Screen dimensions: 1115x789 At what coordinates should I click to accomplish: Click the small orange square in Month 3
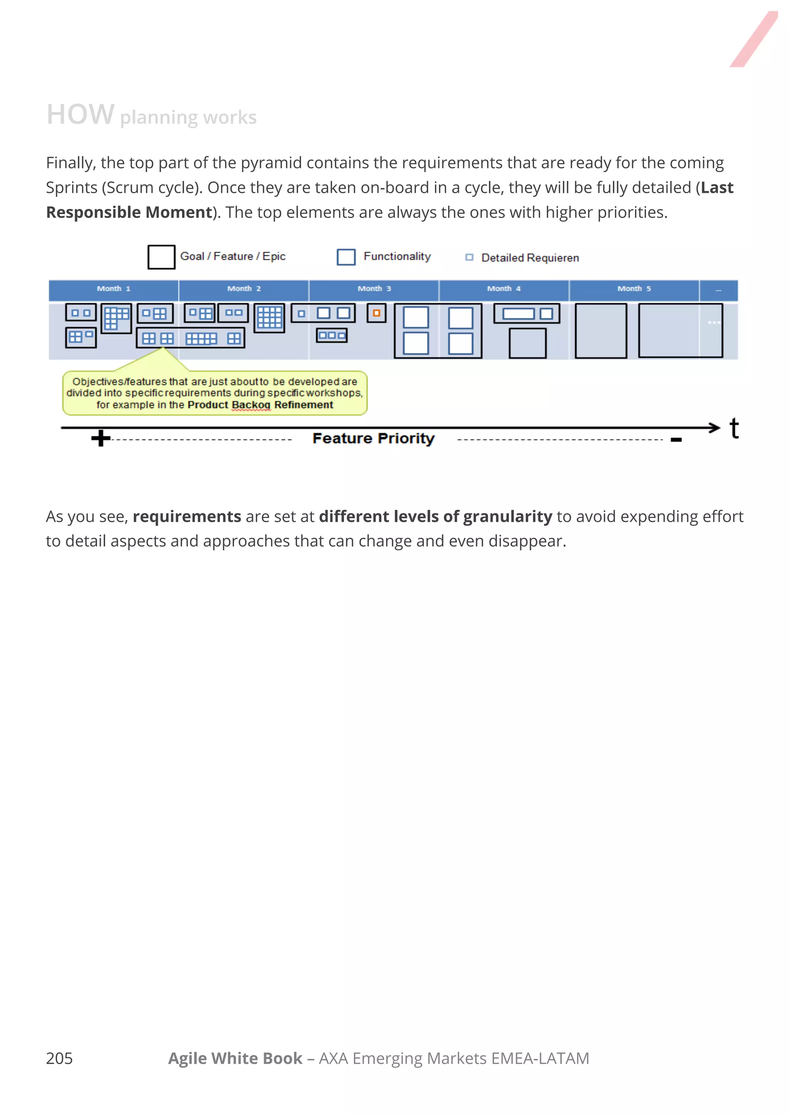tap(376, 313)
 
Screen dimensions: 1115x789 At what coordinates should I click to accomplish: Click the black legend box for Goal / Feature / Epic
tap(161, 257)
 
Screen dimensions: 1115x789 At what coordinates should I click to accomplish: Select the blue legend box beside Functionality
tap(346, 257)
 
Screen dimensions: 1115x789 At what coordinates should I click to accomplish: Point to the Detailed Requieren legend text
tap(530, 258)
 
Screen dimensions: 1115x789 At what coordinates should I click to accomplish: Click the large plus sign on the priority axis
tap(101, 438)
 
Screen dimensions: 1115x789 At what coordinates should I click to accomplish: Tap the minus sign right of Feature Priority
tap(676, 440)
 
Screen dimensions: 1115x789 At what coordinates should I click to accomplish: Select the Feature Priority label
tap(373, 438)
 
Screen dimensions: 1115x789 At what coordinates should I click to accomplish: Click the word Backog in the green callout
tap(251, 405)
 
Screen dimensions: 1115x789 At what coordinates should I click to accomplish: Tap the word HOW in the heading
tap(80, 115)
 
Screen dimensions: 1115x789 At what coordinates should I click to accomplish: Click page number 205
tap(59, 1058)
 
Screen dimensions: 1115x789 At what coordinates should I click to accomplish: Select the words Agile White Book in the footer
tap(235, 1058)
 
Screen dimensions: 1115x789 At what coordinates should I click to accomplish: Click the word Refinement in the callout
tap(304, 405)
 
